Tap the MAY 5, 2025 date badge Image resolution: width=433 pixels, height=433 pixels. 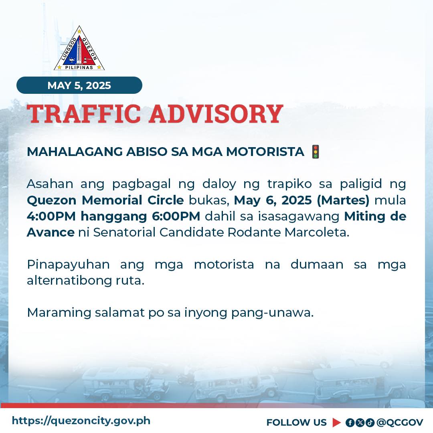tap(79, 85)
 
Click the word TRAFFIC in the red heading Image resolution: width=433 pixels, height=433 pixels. tap(84, 114)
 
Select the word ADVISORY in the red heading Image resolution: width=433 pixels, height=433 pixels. tap(216, 114)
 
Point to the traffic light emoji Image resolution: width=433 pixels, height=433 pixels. tap(316, 152)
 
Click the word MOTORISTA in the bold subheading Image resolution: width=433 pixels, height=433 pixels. tap(265, 152)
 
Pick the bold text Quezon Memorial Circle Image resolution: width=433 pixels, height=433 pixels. tap(105, 200)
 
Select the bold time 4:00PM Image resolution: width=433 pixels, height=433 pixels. tap(51, 216)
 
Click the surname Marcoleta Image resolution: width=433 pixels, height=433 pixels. tap(317, 232)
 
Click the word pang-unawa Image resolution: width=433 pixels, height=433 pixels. tap(273, 313)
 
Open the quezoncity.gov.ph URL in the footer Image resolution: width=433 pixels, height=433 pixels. tap(81, 421)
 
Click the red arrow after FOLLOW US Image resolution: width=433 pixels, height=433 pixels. tap(337, 423)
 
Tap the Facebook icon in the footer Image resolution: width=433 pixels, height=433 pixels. tap(350, 423)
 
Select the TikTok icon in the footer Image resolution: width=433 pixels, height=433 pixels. tap(370, 423)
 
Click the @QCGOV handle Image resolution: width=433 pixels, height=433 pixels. tap(400, 423)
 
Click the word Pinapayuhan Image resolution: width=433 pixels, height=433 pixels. tap(68, 265)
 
